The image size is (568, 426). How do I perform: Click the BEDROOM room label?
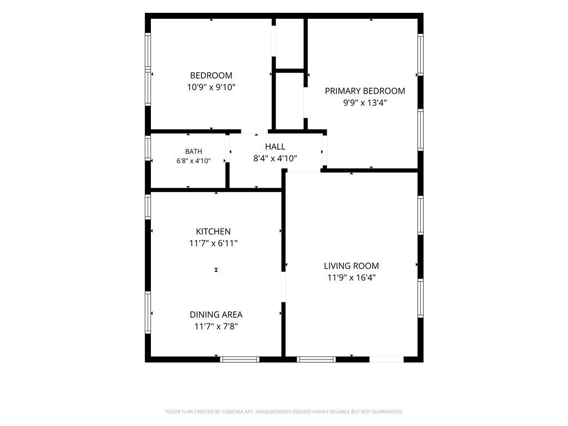tap(211, 75)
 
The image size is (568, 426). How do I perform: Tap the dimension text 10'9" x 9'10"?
tap(211, 87)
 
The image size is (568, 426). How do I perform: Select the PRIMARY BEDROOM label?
tap(365, 91)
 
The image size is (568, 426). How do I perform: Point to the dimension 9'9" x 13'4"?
tap(365, 103)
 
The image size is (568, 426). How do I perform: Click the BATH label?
tap(194, 151)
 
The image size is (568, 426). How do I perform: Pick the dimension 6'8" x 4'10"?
tap(194, 161)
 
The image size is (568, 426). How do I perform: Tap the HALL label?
tap(275, 146)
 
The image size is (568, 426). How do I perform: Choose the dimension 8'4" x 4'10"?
tap(275, 158)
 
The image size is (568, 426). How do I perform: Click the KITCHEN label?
tap(214, 231)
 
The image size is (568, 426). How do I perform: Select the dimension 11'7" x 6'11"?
tap(214, 243)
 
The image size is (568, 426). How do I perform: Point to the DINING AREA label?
tap(216, 315)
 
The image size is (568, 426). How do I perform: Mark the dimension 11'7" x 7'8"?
tap(216, 326)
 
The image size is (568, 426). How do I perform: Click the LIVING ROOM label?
tap(351, 266)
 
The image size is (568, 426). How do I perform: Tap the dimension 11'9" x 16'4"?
tap(351, 277)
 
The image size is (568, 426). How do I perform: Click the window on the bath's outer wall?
tap(148, 148)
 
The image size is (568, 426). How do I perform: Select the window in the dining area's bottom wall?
tap(240, 359)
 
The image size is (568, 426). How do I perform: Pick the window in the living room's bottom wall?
tap(316, 359)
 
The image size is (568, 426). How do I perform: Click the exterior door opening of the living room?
tap(387, 359)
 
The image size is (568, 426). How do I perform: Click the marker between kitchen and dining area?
tap(216, 270)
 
